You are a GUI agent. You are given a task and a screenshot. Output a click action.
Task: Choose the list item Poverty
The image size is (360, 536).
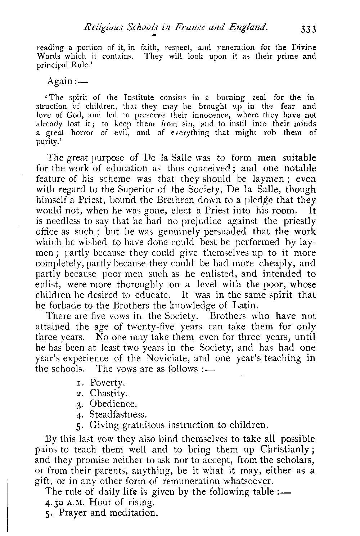[107, 382]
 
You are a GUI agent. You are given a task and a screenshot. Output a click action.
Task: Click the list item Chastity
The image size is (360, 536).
[109, 393]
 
